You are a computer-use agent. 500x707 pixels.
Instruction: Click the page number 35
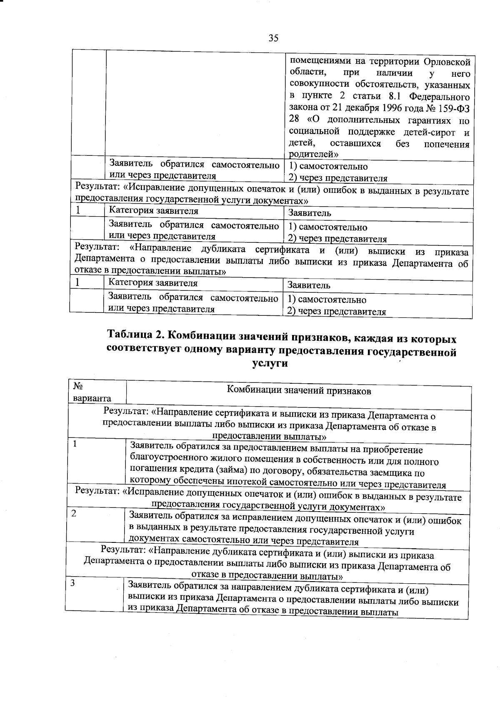[273, 38]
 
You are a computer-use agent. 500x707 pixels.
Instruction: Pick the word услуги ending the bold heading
[270, 363]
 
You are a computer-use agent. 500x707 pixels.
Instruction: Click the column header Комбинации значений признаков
[299, 391]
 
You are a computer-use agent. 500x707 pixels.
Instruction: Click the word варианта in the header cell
[92, 398]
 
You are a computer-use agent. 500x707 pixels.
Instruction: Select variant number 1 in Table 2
[75, 444]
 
